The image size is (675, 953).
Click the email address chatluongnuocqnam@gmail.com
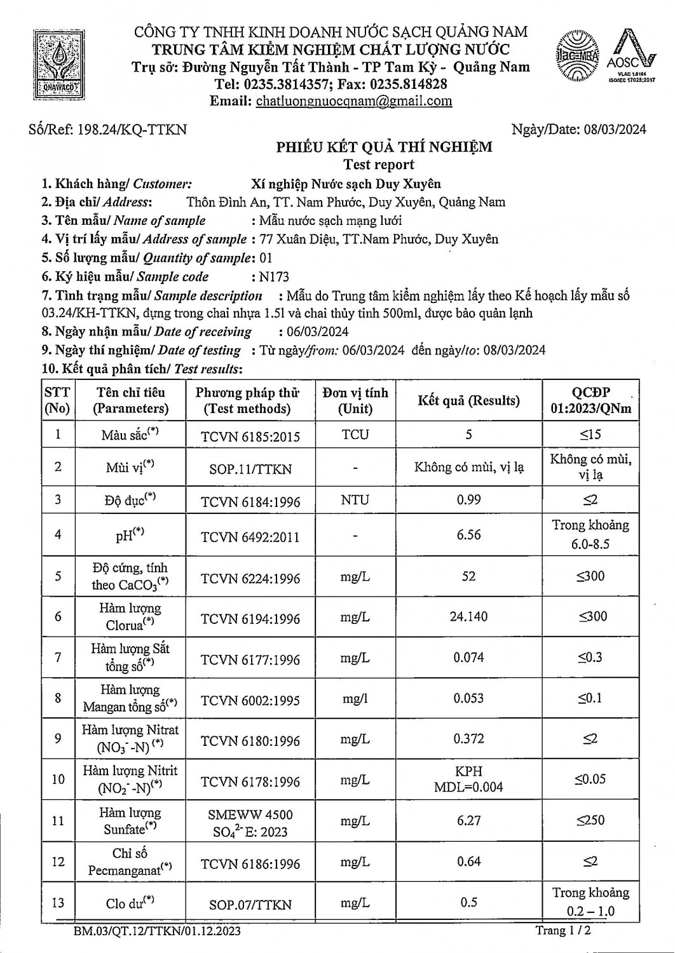(353, 101)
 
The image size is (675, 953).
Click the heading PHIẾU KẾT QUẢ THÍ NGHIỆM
(384, 147)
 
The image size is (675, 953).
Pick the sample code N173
(274, 277)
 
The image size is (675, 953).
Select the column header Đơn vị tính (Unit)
(355, 400)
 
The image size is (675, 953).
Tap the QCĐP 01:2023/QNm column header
(590, 400)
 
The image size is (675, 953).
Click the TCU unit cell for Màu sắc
(355, 435)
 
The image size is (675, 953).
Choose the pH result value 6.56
(468, 535)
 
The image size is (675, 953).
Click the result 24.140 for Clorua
(468, 617)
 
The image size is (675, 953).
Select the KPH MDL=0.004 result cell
(468, 779)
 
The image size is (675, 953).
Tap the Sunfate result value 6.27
(468, 821)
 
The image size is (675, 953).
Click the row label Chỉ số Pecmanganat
(130, 862)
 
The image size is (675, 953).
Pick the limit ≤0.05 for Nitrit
(590, 780)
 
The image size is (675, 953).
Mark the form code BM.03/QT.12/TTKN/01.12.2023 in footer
(157, 931)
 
